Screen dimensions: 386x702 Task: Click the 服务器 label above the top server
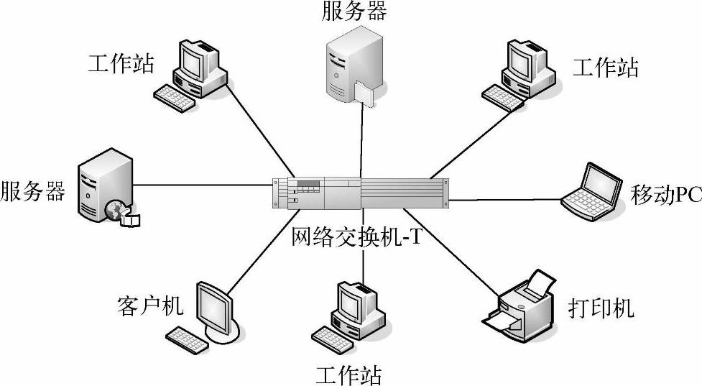[354, 12]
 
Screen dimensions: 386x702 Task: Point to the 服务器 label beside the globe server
[33, 192]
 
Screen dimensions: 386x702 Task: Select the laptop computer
[592, 188]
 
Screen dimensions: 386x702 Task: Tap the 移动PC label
[665, 194]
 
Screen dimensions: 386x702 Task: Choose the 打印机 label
[601, 308]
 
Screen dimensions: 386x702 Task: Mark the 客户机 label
[149, 306]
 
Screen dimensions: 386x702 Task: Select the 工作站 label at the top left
[121, 64]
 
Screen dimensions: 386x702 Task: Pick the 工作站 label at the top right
[605, 68]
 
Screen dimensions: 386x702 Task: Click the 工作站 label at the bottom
[349, 374]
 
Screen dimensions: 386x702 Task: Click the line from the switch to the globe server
[201, 185]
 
